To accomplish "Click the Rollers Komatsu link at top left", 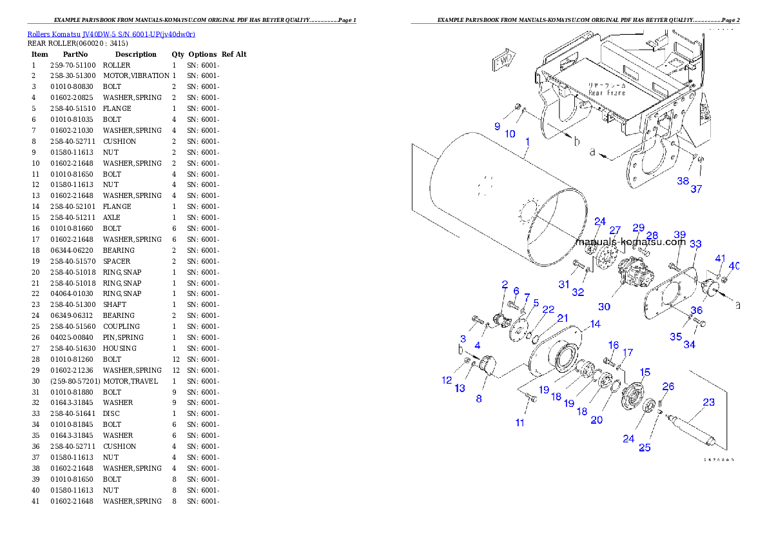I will point(111,34).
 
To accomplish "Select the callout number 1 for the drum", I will point(527,141).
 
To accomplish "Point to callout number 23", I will point(708,402).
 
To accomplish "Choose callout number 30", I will point(603,307).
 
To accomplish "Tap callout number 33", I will point(695,244).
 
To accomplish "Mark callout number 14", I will point(595,324).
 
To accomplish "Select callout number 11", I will point(519,423).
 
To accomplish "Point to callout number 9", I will point(497,126).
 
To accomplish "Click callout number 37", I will point(696,189).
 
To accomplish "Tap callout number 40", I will point(734,266).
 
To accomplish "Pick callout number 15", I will point(645,372).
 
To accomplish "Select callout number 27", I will point(615,230).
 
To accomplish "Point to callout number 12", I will point(447,380).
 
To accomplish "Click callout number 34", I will point(689,344).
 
